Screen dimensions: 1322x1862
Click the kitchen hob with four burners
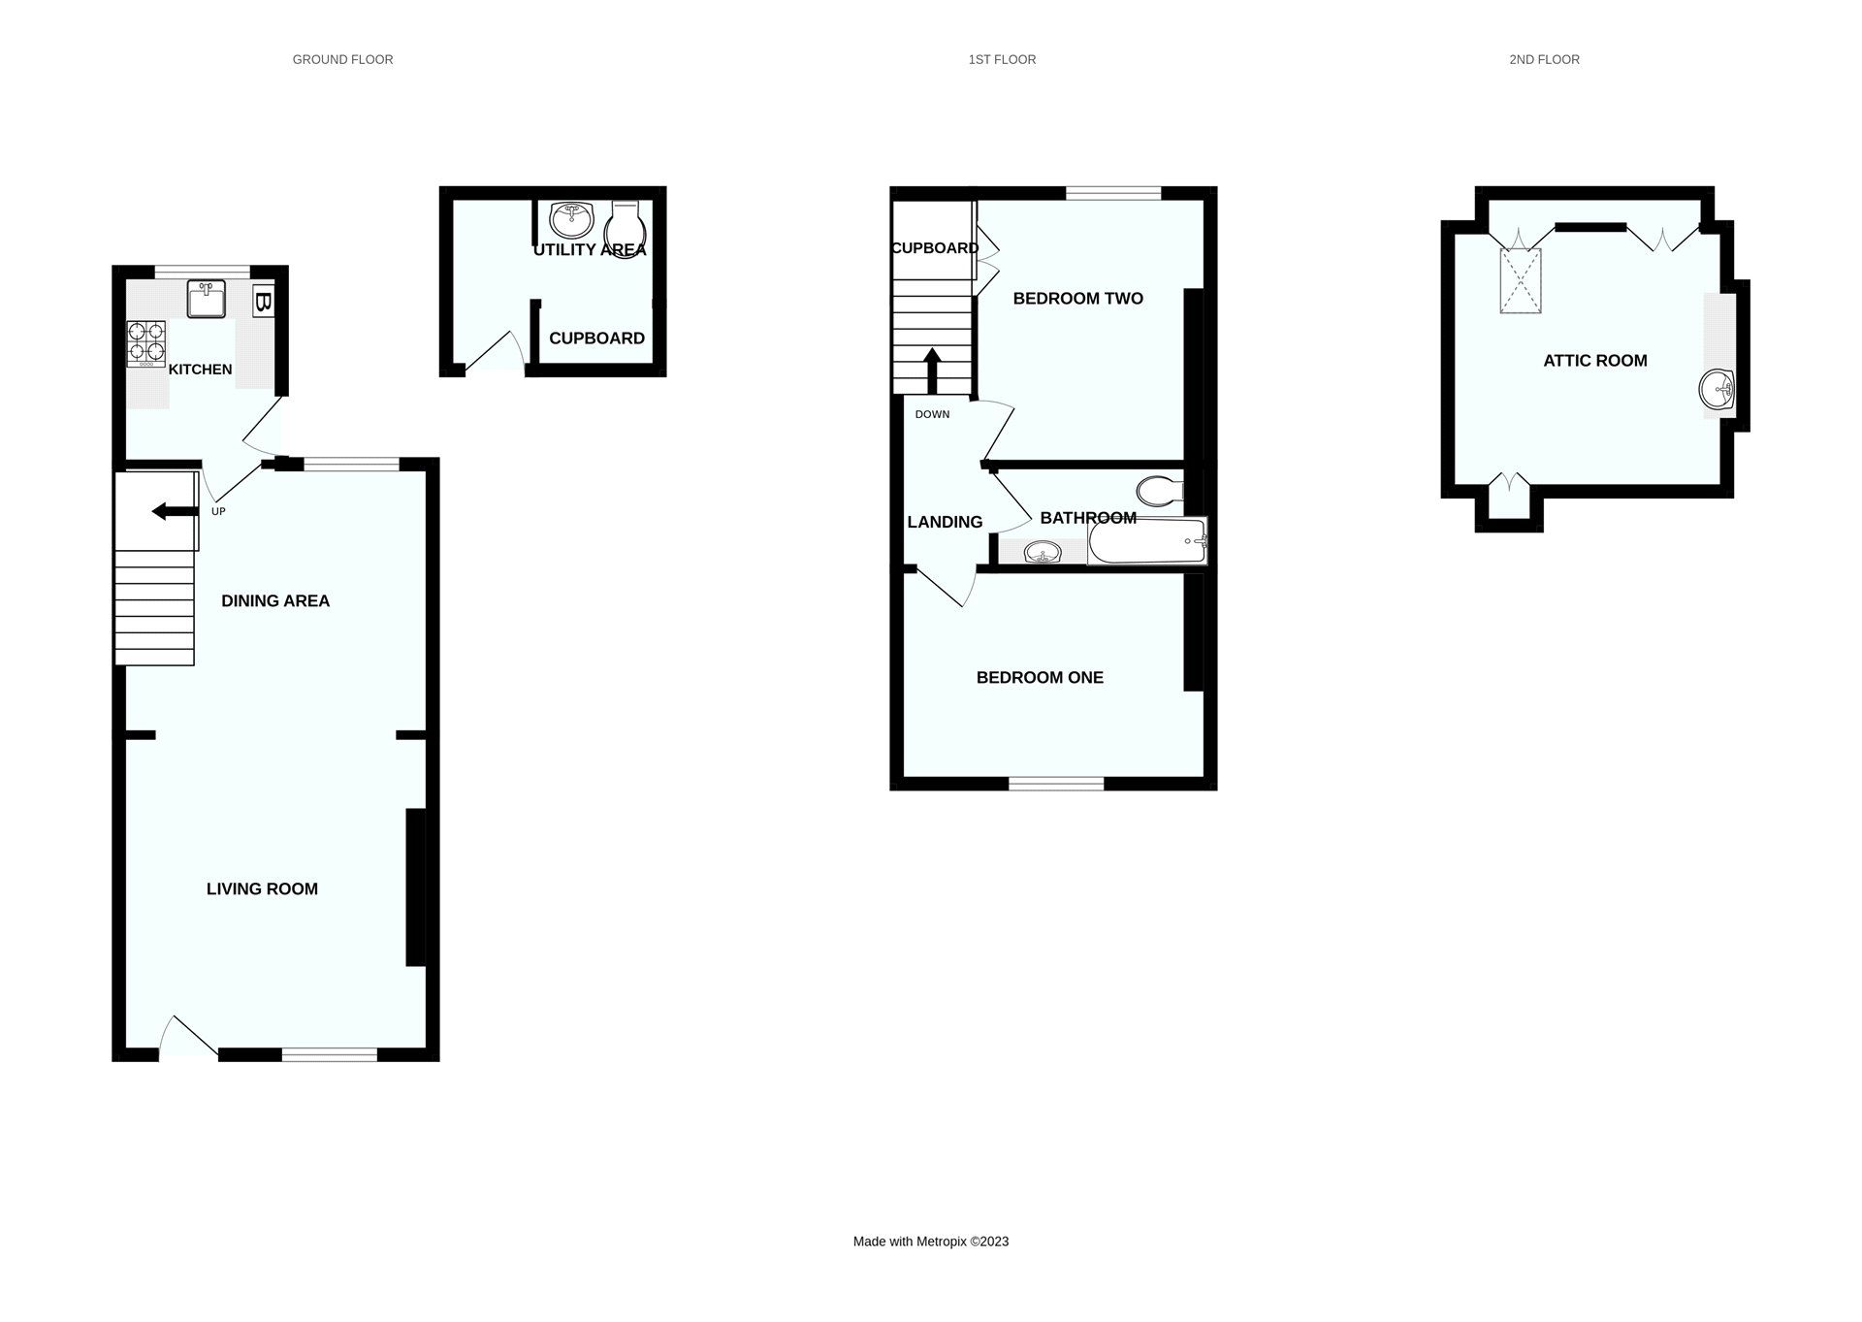point(145,343)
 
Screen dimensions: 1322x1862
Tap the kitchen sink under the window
point(206,299)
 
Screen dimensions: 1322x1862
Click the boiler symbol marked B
point(262,301)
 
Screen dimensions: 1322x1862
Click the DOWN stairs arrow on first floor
point(932,370)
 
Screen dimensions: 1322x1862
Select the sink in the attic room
point(1716,390)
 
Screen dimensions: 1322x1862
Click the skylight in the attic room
point(1521,281)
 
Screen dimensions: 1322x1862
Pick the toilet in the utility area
point(625,227)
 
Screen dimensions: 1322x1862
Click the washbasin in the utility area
point(571,219)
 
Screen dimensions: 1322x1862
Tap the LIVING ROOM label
point(262,888)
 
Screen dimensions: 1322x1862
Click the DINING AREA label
point(275,601)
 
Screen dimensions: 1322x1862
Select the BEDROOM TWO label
point(1077,299)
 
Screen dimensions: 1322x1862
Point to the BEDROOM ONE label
point(1040,678)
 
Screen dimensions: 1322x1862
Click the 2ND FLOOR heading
point(1544,60)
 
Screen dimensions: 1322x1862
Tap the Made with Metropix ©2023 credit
point(930,1241)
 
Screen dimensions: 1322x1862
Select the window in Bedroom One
point(1056,783)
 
